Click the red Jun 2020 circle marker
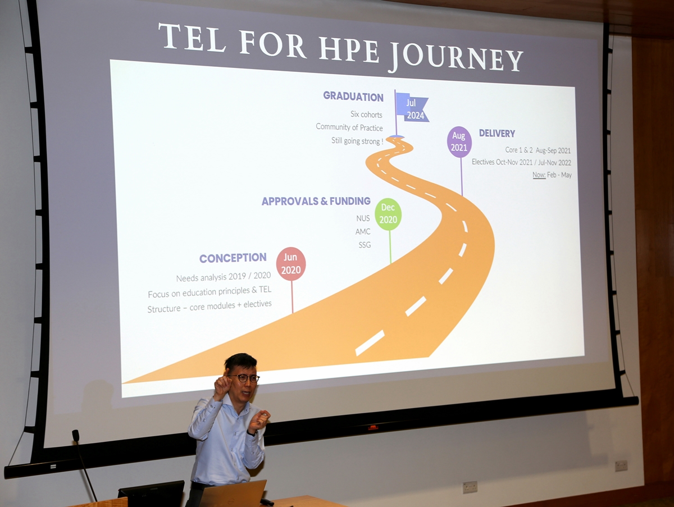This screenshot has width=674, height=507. pos(291,264)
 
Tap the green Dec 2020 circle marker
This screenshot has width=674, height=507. pos(388,214)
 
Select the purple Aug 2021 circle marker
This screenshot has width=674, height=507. pos(459,142)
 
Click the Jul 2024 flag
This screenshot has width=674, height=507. pos(412,108)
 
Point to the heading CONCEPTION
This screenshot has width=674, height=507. pos(233,258)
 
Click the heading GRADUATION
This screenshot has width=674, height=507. pos(353,97)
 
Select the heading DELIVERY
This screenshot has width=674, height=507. pos(497,134)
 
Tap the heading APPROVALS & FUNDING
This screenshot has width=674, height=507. pos(316,202)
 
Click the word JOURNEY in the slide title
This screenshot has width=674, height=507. pos(455,57)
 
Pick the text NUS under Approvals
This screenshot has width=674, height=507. pos(363,218)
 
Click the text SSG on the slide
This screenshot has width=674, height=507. pos(365,245)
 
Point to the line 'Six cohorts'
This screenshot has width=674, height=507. pos(366,115)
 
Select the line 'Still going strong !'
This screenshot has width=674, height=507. pos(357,141)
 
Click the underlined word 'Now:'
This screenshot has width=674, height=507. pos(539,175)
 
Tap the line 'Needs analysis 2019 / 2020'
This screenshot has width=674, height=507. pos(224,277)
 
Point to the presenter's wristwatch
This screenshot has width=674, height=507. pos(253,433)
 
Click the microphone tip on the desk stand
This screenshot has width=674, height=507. pos(75,436)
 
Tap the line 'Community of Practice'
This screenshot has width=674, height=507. pos(349,127)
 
